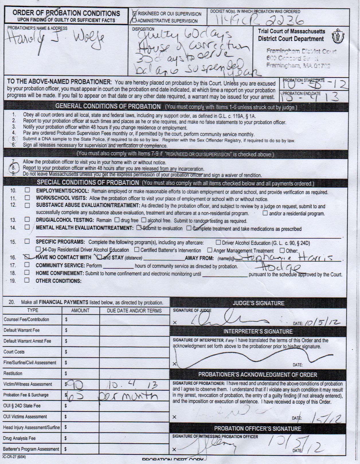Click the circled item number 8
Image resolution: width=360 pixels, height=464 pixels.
(x=13, y=168)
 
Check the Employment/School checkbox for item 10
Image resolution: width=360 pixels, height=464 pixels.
(x=27, y=190)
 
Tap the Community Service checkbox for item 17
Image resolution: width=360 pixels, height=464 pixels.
(x=27, y=265)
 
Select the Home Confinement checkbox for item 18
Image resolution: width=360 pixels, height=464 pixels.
(x=27, y=272)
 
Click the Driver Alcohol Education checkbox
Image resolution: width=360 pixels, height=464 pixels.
(x=218, y=243)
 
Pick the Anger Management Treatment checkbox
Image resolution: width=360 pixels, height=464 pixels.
(x=210, y=250)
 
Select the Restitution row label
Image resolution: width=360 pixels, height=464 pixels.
(x=13, y=373)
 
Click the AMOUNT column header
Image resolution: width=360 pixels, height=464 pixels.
(x=80, y=310)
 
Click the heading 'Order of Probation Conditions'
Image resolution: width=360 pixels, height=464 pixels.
(x=66, y=13)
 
